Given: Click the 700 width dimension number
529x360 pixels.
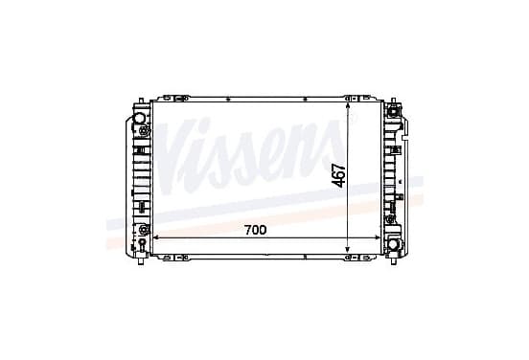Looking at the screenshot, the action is click(255, 230).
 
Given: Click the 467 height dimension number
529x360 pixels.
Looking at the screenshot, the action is click(338, 175).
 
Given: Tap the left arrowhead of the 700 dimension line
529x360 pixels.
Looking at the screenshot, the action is click(156, 238).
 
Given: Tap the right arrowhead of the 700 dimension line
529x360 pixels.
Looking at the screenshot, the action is click(378, 238).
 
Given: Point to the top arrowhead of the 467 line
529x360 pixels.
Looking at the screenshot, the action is click(348, 106).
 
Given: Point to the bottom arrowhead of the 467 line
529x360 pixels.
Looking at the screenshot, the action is click(348, 250).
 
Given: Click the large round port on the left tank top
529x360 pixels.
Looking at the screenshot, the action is click(139, 119).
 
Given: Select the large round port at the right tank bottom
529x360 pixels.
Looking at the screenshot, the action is click(393, 245).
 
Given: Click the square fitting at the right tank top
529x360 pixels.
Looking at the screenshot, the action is click(393, 111).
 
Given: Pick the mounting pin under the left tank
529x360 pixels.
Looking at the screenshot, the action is click(141, 261).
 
